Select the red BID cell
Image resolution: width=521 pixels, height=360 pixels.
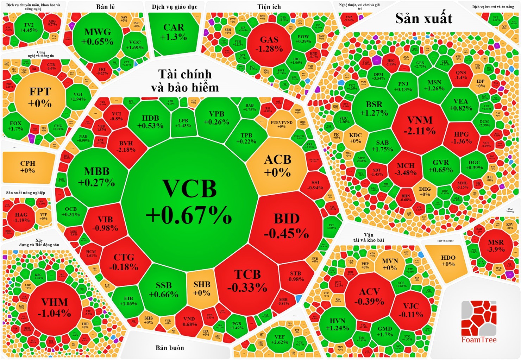287,225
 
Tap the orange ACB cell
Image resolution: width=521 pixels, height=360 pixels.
277,165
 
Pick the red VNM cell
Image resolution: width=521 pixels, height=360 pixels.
420,125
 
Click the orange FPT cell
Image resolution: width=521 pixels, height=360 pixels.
40,97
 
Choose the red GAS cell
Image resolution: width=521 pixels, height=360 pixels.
269,44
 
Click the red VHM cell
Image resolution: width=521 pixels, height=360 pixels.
54,307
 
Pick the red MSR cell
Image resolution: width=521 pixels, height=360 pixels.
496,246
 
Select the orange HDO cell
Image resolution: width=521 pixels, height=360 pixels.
448,261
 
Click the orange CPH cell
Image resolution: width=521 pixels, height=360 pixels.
28,167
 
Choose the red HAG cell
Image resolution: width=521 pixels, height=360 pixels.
21,217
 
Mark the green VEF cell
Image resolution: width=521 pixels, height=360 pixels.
280,339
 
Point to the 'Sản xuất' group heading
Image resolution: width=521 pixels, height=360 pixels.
423,18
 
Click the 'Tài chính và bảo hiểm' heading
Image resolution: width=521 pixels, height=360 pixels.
185,81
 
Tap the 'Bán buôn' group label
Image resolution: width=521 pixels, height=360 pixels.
170,348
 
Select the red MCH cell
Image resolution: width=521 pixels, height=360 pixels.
406,169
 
